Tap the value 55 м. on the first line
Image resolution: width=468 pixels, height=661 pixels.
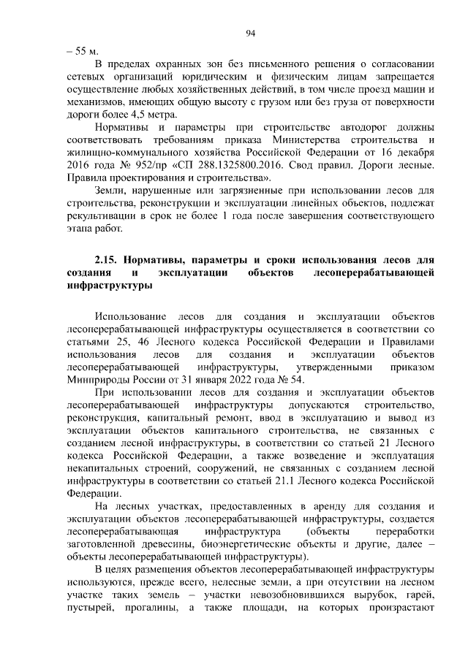(x=80, y=51)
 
